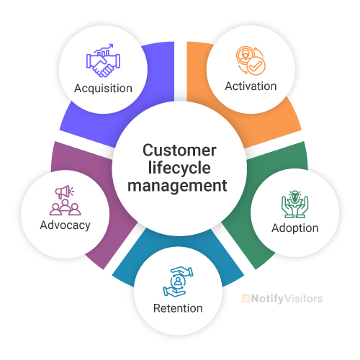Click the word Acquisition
point(103,89)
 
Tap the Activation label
point(251,86)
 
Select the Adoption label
point(294,228)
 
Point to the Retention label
point(178,308)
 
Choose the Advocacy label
point(66,225)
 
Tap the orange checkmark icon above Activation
point(251,60)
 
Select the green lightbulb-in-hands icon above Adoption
point(294,204)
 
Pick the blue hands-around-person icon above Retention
point(178,282)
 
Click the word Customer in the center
point(179,151)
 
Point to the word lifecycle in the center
point(179,168)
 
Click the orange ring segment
point(284,119)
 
